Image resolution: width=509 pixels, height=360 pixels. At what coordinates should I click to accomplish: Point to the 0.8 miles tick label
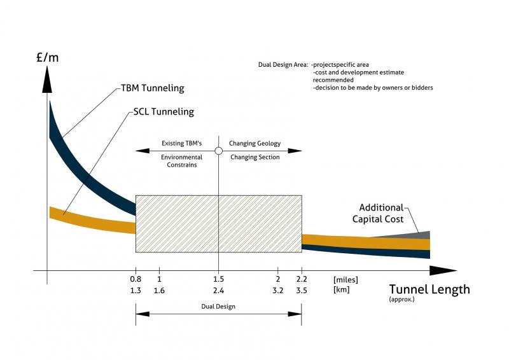[136, 279]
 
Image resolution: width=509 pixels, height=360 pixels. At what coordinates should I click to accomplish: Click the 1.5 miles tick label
[218, 279]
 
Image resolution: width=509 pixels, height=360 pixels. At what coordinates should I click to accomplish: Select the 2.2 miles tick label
[302, 279]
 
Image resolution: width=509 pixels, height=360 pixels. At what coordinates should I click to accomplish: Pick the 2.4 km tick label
[218, 290]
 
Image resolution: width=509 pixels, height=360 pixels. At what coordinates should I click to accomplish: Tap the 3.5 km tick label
[302, 290]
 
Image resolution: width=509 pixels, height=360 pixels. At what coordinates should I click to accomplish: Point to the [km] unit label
[341, 290]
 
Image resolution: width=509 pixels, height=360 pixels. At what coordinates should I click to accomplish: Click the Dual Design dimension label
[218, 307]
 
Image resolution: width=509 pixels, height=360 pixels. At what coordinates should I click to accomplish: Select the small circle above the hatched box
[218, 151]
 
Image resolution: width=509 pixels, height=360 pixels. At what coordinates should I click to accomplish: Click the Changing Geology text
[254, 144]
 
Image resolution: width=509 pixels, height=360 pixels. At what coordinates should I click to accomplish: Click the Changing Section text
[254, 157]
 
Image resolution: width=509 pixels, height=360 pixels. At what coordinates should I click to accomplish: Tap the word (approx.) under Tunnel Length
[401, 299]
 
